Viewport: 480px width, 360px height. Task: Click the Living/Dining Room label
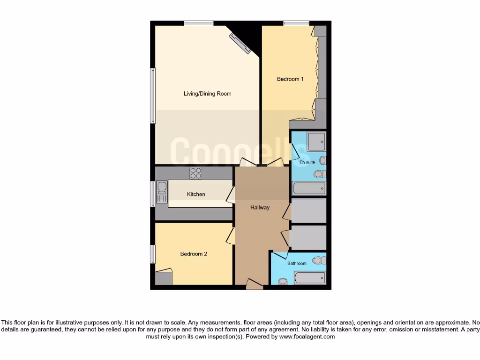(x=207, y=94)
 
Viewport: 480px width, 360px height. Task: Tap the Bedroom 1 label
(x=290, y=79)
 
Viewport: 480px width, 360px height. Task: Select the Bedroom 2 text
(x=194, y=254)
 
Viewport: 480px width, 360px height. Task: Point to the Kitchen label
(x=196, y=194)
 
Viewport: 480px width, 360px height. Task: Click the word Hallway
(x=260, y=208)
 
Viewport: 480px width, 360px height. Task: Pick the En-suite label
(x=307, y=162)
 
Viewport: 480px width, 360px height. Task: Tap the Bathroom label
(x=297, y=263)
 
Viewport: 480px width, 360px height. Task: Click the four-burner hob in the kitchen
(x=195, y=173)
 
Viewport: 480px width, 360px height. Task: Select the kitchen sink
(x=162, y=192)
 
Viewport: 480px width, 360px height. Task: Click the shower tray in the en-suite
(x=316, y=142)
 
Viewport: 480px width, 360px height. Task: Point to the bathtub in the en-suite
(x=308, y=189)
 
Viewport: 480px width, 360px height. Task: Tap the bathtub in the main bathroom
(x=310, y=278)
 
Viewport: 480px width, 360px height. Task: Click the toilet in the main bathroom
(x=319, y=260)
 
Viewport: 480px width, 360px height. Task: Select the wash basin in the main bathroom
(x=283, y=281)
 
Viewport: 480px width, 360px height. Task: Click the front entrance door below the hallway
(x=255, y=285)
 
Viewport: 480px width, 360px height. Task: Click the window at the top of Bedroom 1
(x=296, y=23)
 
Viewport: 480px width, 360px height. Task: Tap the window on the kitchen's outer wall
(x=153, y=194)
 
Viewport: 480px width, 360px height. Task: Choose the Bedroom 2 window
(x=153, y=254)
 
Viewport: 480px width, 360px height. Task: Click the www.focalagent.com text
(x=307, y=337)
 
